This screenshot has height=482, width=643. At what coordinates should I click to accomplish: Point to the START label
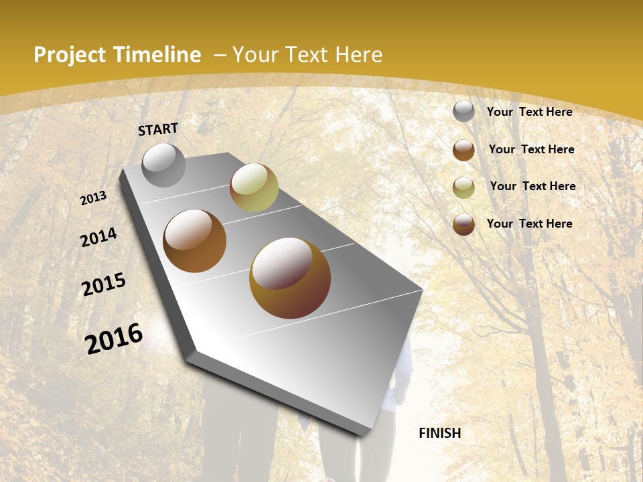click(158, 129)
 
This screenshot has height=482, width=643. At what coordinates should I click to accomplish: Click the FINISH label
click(439, 433)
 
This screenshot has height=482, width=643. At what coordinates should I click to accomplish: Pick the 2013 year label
click(93, 198)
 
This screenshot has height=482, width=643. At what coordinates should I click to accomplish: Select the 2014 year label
click(98, 238)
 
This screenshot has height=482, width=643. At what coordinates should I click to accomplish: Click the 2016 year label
click(114, 339)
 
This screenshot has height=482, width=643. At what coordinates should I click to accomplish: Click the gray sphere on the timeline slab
click(163, 165)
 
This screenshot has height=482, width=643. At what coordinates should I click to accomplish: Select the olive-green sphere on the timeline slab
click(254, 187)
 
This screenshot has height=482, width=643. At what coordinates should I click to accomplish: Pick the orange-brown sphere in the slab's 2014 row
click(194, 241)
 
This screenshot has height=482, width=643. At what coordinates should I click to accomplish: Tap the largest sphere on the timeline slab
click(289, 277)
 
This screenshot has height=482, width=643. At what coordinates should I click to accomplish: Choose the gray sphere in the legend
click(463, 112)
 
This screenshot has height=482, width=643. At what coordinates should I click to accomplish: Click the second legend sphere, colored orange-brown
click(463, 150)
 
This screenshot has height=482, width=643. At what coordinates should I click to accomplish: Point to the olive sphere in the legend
click(463, 187)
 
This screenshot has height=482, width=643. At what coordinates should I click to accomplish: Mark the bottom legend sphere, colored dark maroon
click(463, 224)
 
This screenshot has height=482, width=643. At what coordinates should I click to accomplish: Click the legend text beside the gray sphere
click(529, 112)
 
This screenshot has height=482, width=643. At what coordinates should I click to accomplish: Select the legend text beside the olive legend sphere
click(532, 186)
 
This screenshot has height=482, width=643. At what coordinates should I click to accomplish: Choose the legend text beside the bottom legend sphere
click(529, 224)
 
